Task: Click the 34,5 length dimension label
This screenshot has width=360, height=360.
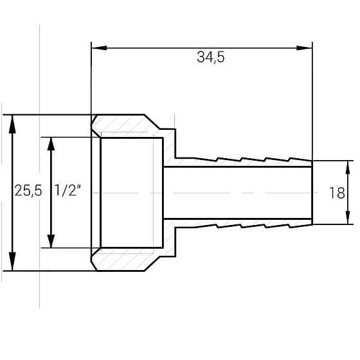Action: pos(211,57)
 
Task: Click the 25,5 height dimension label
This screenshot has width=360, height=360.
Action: pos(28,190)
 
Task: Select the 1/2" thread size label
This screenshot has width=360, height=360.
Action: pos(67,190)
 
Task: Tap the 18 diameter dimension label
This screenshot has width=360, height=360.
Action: pos(337,193)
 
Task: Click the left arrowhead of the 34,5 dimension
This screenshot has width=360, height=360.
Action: pos(99,48)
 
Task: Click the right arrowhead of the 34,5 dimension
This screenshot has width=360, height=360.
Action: pos(305,48)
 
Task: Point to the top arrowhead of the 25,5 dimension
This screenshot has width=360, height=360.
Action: pos(12,124)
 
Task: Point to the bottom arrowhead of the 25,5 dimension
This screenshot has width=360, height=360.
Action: pos(12,261)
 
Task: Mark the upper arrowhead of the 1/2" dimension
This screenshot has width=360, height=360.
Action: pos(51,144)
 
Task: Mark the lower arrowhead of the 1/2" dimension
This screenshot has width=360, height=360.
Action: pos(51,241)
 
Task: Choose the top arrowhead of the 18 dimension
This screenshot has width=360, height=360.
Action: pos(348,167)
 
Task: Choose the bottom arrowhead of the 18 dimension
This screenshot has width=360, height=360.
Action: pos(348,217)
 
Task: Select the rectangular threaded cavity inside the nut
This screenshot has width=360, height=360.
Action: pos(132,193)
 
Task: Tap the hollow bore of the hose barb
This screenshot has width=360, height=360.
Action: pos(238,193)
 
